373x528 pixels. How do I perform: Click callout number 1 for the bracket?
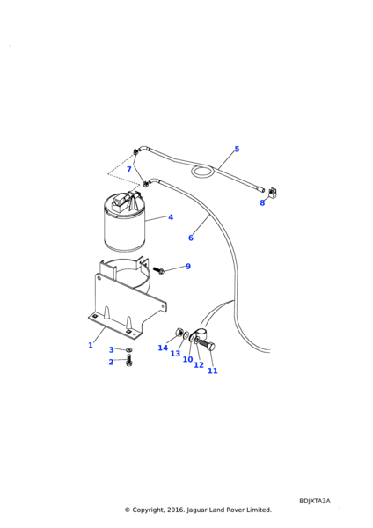coord(91,345)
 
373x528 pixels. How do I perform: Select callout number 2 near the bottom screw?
coord(111,362)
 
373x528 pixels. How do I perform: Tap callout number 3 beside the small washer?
coord(112,350)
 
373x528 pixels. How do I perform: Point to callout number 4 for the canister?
coord(171,217)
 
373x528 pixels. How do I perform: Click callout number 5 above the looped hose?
coord(237,149)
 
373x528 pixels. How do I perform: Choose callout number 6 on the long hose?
coord(191,238)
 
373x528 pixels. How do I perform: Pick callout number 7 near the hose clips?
coord(129,169)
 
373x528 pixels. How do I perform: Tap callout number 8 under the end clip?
coord(262,202)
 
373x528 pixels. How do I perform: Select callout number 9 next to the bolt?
coord(188,266)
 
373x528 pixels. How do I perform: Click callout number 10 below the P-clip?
coord(188,359)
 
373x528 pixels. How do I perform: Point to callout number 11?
coord(212,370)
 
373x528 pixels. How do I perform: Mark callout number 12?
coord(199,364)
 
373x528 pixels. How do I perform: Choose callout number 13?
coord(175,353)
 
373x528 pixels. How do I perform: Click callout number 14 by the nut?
coord(163,348)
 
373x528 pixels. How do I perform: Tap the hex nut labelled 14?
coord(179,333)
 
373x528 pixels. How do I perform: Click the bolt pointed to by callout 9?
coord(158,270)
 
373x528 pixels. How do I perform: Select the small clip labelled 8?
coord(273,192)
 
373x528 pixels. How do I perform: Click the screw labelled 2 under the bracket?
coord(129,361)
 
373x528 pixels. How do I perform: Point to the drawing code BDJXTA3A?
coord(315,501)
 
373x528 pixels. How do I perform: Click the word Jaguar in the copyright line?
coord(196,510)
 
